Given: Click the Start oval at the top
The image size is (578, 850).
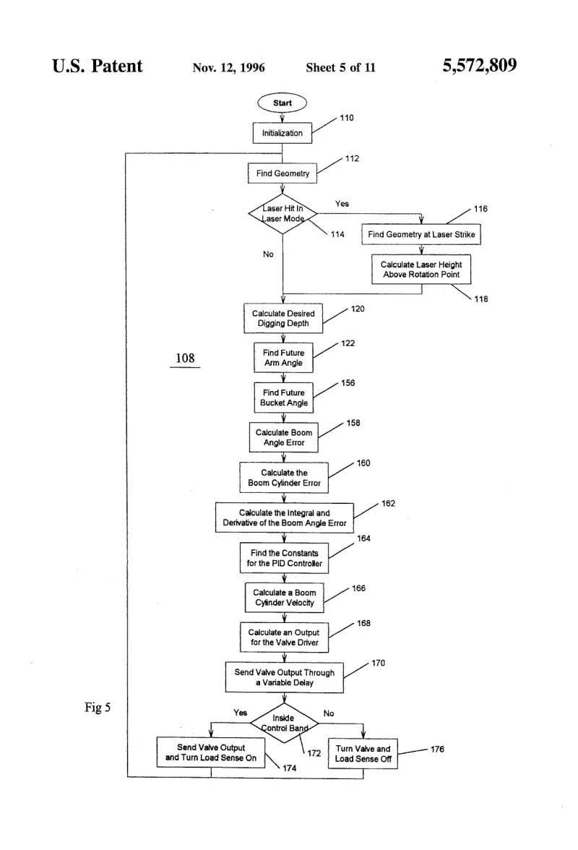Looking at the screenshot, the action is pos(282,103).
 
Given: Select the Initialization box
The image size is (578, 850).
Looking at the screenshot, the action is pos(282,133).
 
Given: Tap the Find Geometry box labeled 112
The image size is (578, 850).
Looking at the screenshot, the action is pos(282,173).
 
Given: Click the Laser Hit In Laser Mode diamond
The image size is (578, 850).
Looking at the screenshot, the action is pos(282,214).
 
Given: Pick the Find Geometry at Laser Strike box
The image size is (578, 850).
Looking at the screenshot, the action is pos(421,234).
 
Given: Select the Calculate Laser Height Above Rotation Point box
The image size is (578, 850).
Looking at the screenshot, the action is pos(421,270).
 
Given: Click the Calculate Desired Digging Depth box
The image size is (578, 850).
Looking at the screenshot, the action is pos(283,318).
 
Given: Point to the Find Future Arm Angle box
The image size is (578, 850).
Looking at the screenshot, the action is pos(283,358).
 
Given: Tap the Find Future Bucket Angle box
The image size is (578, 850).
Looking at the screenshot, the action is pos(283,398).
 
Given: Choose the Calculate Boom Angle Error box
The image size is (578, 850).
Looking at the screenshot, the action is pos(283,437).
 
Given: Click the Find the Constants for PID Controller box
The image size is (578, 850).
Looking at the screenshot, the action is pos(285,558).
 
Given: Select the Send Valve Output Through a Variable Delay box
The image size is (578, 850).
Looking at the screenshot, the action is pos(285,677).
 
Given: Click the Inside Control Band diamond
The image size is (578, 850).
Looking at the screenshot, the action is pos(285,723).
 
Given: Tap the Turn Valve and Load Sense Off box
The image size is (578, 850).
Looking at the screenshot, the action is pos(363,753).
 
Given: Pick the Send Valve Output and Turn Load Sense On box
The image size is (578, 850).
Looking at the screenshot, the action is pos(211,752).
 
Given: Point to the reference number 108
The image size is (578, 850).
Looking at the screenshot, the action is pos(185,358).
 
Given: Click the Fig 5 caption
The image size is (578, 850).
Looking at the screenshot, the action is pos(98,707).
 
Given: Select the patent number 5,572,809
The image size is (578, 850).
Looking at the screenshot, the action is pos(480,66).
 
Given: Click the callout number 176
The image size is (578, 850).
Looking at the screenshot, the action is pos(437,749).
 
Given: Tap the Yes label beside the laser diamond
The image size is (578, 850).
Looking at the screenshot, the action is pos(342,204).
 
